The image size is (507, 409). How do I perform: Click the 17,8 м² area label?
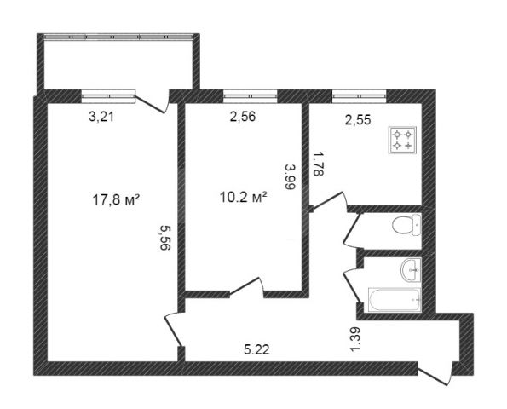coord(116,199)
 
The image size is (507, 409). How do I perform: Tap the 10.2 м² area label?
coord(243,197)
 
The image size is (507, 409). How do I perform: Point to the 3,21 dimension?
coord(101,117)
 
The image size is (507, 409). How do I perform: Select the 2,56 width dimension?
coord(243,117)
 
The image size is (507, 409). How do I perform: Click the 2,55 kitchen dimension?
coord(358,120)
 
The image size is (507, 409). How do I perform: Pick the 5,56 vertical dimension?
coord(165,238)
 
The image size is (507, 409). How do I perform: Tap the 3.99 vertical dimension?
coord(291,176)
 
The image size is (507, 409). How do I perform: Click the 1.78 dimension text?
coord(318,164)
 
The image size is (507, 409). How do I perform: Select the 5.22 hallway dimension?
coord(256,349)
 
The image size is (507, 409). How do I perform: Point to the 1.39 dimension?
coord(354,339)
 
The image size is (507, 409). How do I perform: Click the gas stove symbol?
coord(402,140)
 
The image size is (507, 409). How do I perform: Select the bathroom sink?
coord(411,269)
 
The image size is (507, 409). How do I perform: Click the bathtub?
coord(395,300)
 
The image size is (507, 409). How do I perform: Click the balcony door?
coord(152,103)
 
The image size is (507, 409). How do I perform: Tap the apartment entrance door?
coord(435,375)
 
